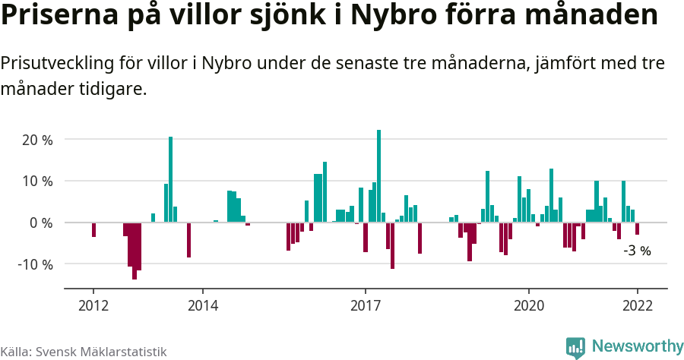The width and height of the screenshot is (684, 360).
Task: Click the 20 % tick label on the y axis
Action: point(36,141)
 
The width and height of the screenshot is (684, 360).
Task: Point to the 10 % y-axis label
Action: point(36,182)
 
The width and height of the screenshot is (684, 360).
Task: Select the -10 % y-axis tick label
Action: point(35,264)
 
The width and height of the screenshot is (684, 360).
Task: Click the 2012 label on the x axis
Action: point(93,305)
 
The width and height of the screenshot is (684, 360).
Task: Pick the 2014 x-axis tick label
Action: point(202,305)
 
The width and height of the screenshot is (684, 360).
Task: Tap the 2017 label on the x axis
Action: point(366,305)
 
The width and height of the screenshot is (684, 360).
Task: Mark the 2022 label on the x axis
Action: point(637,305)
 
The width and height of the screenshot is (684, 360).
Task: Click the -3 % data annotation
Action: point(637,250)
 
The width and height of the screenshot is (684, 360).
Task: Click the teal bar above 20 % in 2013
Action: point(171,179)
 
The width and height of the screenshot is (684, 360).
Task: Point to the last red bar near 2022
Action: point(637,229)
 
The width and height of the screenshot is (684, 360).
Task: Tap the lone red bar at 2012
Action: point(93,229)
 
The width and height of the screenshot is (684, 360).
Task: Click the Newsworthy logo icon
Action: point(575,347)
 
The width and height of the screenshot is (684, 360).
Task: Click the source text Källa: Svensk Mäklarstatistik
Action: point(84,352)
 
